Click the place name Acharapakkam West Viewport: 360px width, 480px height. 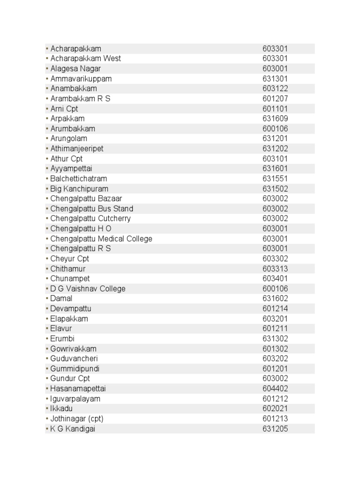[x=85, y=59]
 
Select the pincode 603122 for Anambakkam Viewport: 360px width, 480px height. [x=275, y=89]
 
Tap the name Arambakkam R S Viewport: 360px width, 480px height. [x=80, y=98]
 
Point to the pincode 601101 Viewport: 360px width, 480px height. [x=275, y=109]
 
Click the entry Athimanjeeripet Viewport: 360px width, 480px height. [x=77, y=149]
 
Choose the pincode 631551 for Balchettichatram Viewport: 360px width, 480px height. [x=275, y=179]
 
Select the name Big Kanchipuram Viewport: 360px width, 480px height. [x=79, y=189]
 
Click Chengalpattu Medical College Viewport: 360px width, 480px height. [x=101, y=239]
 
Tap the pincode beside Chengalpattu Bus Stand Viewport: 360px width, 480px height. [x=275, y=209]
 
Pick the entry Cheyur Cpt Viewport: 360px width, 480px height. [x=69, y=259]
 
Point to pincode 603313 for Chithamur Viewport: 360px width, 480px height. [x=275, y=269]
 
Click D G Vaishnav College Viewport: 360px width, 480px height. [x=88, y=289]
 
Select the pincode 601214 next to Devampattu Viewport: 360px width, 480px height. [x=275, y=308]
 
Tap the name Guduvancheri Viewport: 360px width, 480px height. [x=74, y=359]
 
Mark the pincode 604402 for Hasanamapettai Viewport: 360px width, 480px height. [x=275, y=389]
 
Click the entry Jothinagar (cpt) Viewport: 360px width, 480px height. [x=76, y=419]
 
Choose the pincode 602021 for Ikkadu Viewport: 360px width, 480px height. [x=275, y=408]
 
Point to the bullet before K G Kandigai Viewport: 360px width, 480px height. [x=47, y=429]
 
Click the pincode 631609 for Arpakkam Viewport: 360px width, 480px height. [x=275, y=119]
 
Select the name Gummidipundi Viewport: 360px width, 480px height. [x=75, y=368]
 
